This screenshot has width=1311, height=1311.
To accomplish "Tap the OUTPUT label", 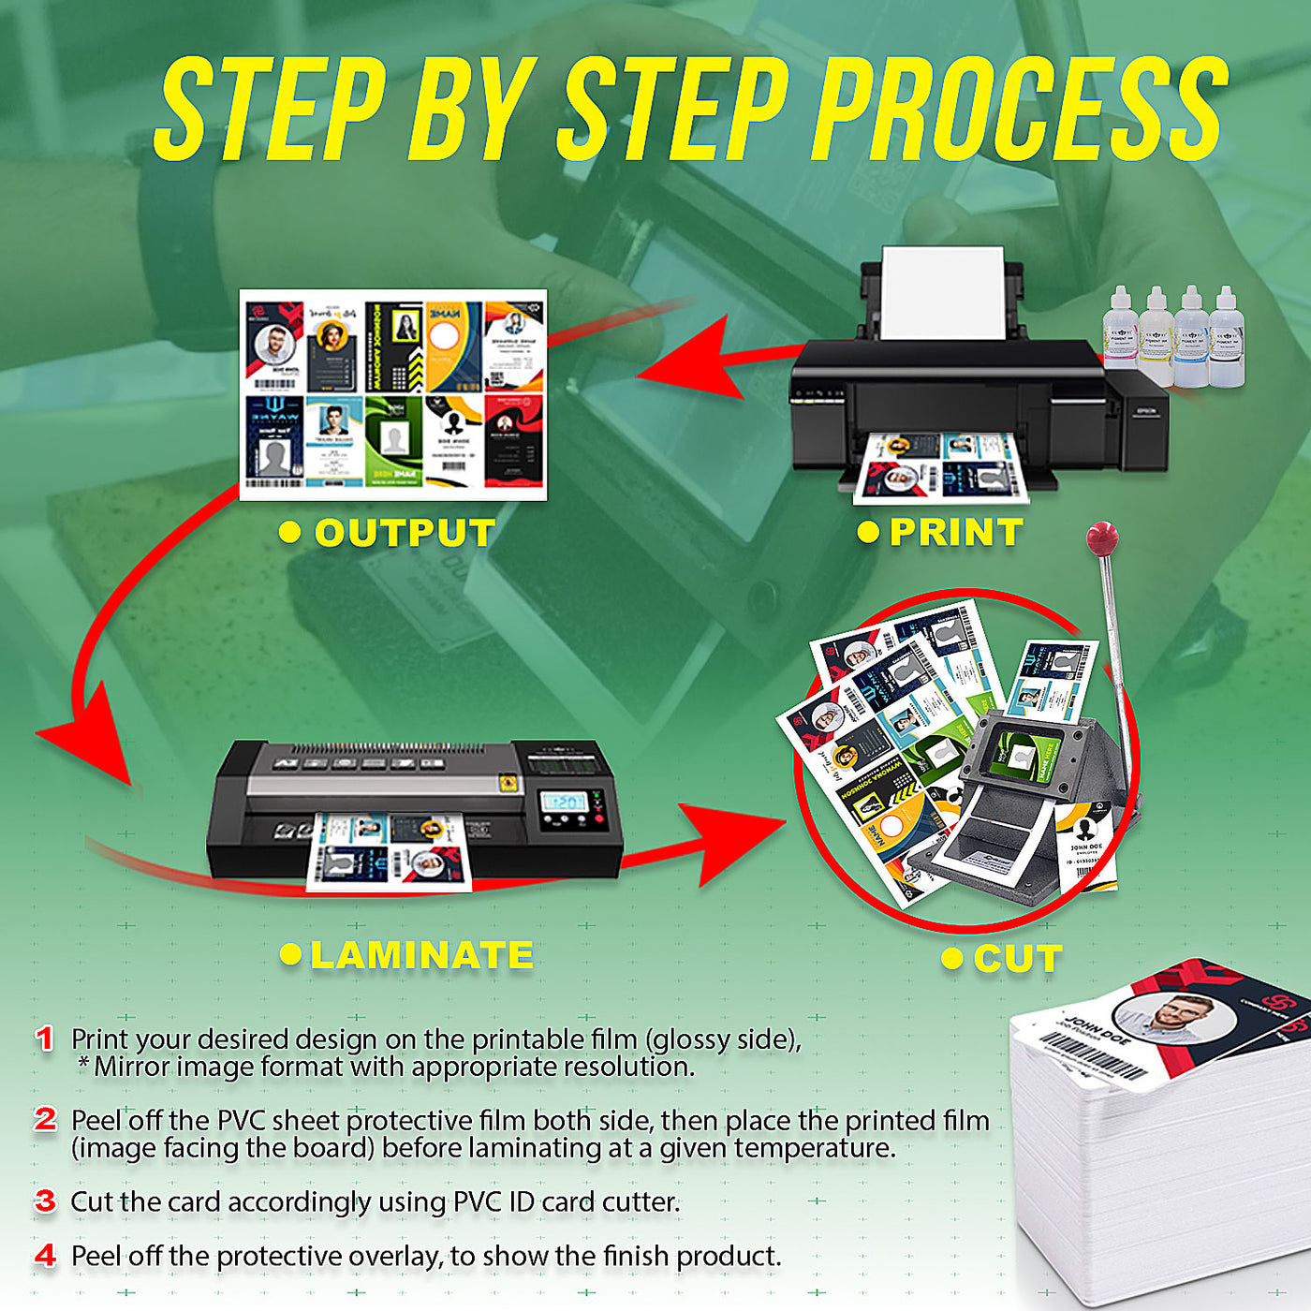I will (x=404, y=533).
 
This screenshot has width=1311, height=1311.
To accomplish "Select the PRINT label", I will (x=955, y=532).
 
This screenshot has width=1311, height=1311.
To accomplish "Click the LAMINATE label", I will (x=421, y=955).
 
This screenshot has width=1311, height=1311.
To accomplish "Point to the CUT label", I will (x=1017, y=959).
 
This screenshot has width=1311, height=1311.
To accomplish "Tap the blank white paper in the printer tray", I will (x=942, y=291).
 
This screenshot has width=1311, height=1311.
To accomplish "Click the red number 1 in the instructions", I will (x=44, y=1038).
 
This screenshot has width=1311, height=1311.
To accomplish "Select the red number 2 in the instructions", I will (x=45, y=1119).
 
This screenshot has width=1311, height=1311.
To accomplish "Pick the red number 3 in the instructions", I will (x=45, y=1201).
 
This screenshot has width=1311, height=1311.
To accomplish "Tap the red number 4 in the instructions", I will (x=45, y=1255).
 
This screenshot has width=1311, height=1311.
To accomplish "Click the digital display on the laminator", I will (x=565, y=803).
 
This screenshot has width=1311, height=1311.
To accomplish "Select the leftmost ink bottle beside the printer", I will (x=1120, y=337).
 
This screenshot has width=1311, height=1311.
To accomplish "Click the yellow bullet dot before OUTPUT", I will (x=290, y=532).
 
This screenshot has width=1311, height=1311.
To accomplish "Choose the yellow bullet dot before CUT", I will (x=951, y=958).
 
